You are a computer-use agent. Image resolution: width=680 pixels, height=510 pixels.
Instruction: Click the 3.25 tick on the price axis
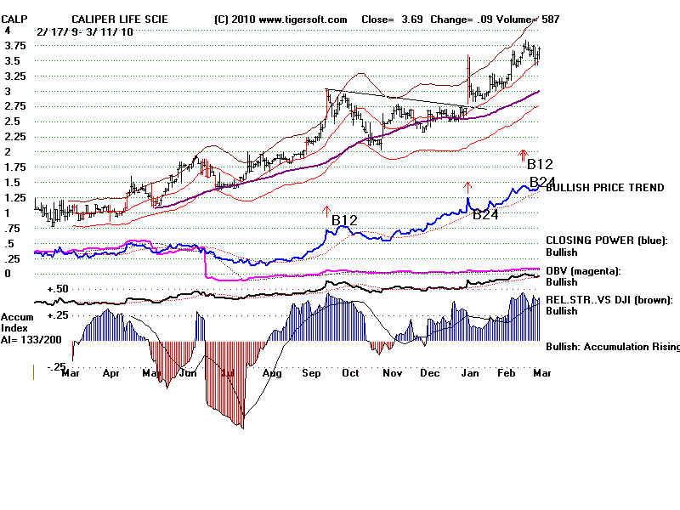(x=14, y=76)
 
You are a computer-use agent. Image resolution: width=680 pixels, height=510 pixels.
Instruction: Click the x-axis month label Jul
(x=228, y=372)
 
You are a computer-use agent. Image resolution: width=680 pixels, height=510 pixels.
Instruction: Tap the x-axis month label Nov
(x=392, y=372)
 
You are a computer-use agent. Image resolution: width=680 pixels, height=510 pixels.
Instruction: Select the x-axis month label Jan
(x=473, y=372)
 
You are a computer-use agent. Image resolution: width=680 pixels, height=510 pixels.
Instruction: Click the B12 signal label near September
(x=344, y=220)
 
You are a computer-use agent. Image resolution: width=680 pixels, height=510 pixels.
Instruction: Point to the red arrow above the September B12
(x=326, y=209)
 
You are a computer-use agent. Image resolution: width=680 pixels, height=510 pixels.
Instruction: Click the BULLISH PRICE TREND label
(x=604, y=188)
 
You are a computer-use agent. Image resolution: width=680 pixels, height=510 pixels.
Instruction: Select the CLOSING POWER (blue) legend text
(x=607, y=241)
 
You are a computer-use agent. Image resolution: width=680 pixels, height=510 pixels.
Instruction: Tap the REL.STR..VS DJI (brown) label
(x=609, y=299)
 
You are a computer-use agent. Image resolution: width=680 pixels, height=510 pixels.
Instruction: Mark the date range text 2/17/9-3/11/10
(x=84, y=31)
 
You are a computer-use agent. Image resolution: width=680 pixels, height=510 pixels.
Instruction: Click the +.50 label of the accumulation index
(x=58, y=290)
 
